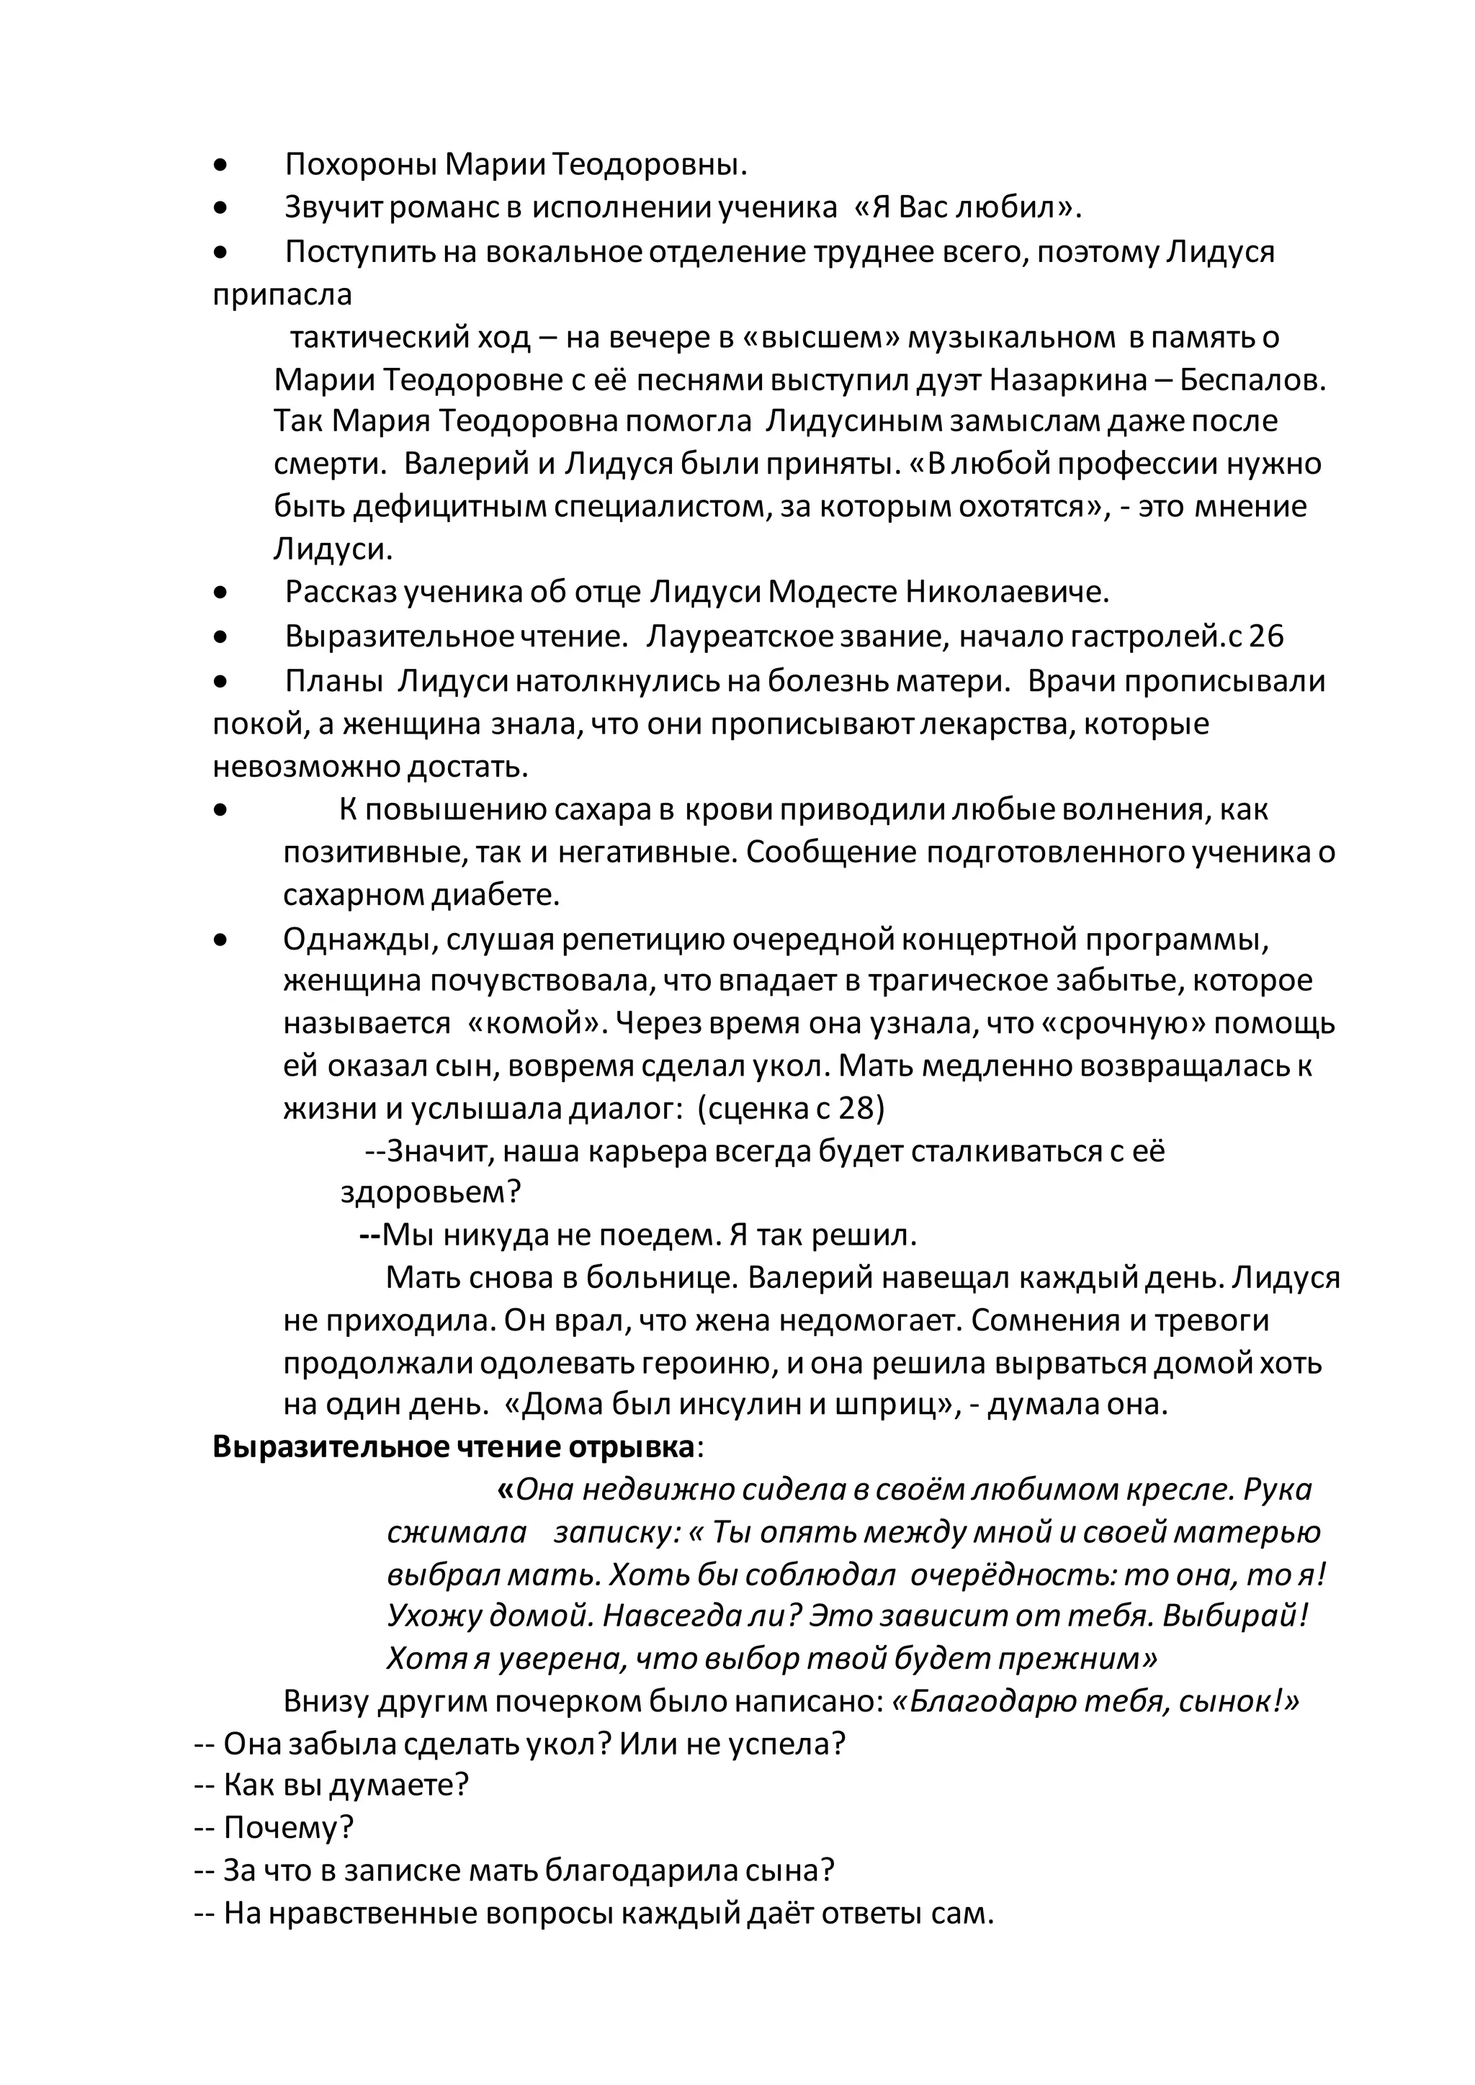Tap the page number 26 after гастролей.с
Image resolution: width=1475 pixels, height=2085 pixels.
1267,636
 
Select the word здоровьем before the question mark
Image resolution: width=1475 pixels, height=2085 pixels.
421,1192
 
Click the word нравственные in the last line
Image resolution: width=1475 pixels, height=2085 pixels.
373,1914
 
